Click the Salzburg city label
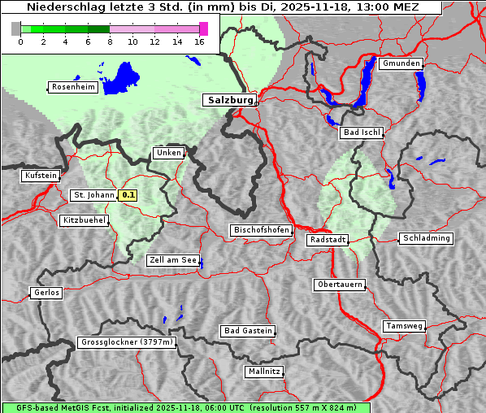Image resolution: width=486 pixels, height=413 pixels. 228,100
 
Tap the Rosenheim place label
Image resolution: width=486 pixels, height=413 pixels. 73,87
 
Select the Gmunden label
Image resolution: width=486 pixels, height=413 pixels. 401,63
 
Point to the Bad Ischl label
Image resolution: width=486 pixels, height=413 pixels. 361,133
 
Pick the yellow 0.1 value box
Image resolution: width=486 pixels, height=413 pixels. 128,195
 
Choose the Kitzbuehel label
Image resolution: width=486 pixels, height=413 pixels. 84,220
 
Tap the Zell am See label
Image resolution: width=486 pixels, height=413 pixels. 172,260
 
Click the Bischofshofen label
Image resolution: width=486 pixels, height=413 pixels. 261,230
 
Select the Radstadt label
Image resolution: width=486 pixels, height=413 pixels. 328,240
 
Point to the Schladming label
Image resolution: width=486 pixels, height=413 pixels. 425,238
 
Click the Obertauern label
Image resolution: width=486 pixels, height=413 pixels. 339,285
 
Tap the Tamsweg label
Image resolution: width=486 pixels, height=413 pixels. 404,326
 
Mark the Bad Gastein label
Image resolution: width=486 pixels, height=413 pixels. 247,331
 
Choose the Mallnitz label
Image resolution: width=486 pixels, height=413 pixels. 264,372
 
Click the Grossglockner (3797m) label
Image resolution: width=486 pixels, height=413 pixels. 127,343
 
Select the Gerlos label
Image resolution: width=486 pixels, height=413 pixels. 46,293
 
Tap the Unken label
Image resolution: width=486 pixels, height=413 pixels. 168,153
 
